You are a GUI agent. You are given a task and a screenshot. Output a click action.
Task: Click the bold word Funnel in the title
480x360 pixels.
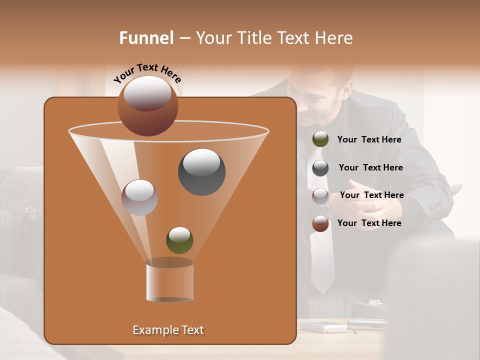(146, 38)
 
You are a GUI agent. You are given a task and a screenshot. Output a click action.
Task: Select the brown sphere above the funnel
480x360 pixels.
(148, 105)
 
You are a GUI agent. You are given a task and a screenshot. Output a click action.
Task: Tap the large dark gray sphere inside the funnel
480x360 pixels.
(202, 172)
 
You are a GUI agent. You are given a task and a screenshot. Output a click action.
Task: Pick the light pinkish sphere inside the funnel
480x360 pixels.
(140, 197)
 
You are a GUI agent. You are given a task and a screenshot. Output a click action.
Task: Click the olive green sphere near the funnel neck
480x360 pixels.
(179, 240)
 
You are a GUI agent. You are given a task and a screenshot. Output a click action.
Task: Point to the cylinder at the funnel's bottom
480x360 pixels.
(169, 281)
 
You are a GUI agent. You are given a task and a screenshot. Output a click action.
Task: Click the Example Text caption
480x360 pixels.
(168, 330)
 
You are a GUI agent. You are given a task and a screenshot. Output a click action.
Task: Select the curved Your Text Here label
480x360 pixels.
(147, 73)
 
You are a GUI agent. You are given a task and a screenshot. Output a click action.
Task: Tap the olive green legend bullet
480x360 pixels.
(320, 139)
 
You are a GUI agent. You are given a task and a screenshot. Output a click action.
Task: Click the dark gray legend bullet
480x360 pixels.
(320, 168)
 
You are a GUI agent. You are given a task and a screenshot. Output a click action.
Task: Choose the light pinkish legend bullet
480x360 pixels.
(320, 195)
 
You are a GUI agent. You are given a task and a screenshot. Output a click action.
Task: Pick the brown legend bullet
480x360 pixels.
(320, 223)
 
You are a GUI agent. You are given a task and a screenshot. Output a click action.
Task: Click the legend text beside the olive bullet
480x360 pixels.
(369, 139)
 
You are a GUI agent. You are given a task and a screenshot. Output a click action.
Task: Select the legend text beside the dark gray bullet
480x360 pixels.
(370, 167)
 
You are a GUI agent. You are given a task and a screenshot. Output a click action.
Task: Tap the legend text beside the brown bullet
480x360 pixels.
(369, 223)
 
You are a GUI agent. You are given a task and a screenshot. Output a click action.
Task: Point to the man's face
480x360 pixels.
(322, 100)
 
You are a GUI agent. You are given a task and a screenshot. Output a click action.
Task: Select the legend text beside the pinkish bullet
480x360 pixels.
(371, 195)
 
